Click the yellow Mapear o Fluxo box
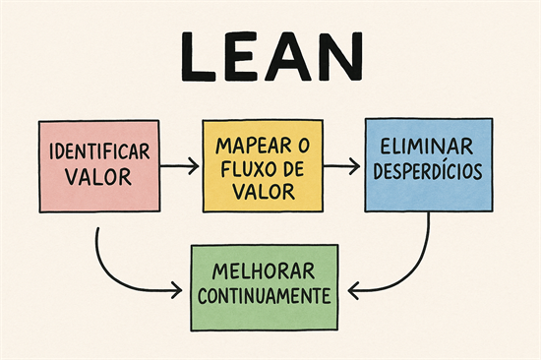click(261, 165)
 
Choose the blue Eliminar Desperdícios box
click(427, 165)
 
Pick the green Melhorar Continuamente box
click(261, 286)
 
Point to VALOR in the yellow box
click(261, 190)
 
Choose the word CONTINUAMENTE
click(261, 295)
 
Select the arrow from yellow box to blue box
click(340, 166)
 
